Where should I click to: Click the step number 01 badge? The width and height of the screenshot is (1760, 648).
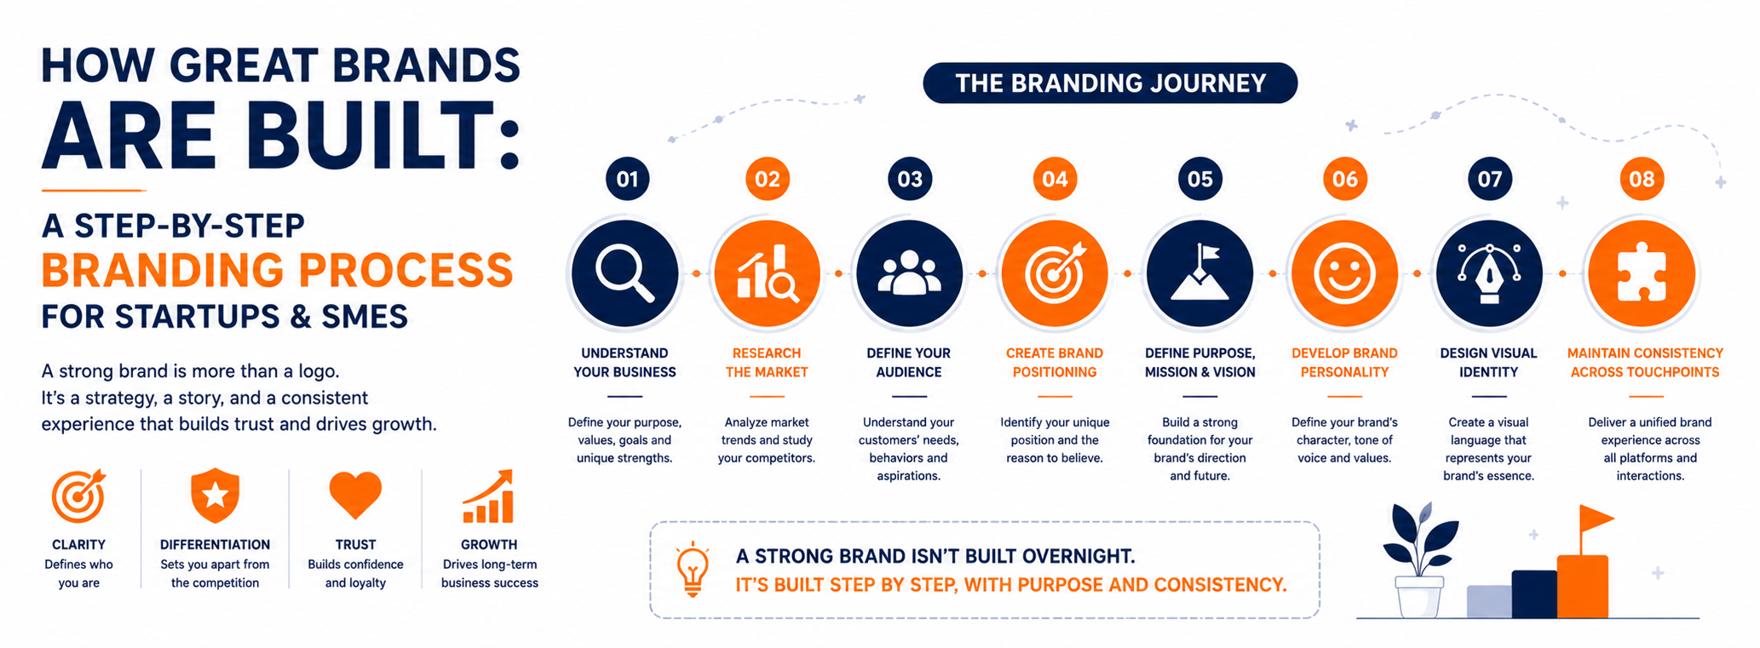tap(627, 179)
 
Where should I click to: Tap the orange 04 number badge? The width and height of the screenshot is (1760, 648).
tap(1055, 179)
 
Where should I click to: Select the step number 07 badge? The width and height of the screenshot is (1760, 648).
tap(1489, 179)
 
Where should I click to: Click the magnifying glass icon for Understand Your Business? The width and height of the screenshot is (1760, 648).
tap(624, 272)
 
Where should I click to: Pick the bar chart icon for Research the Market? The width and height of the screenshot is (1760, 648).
tap(767, 272)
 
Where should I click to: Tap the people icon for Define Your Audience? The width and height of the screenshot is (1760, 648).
tap(909, 272)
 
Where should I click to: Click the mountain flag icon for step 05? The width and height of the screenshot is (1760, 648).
tap(1199, 272)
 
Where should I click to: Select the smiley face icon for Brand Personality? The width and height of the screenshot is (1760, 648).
tap(1344, 272)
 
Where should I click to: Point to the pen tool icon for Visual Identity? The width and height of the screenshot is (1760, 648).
tap(1489, 272)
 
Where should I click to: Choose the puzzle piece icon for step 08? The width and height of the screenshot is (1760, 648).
tap(1642, 272)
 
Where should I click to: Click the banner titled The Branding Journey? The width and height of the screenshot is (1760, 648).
tap(1110, 83)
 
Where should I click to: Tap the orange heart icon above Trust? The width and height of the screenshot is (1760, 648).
tap(355, 495)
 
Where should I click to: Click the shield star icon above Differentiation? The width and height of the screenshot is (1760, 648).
tap(215, 495)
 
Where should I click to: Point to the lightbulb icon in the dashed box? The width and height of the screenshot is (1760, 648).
tap(693, 568)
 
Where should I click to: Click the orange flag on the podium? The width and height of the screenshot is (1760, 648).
tap(1596, 518)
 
